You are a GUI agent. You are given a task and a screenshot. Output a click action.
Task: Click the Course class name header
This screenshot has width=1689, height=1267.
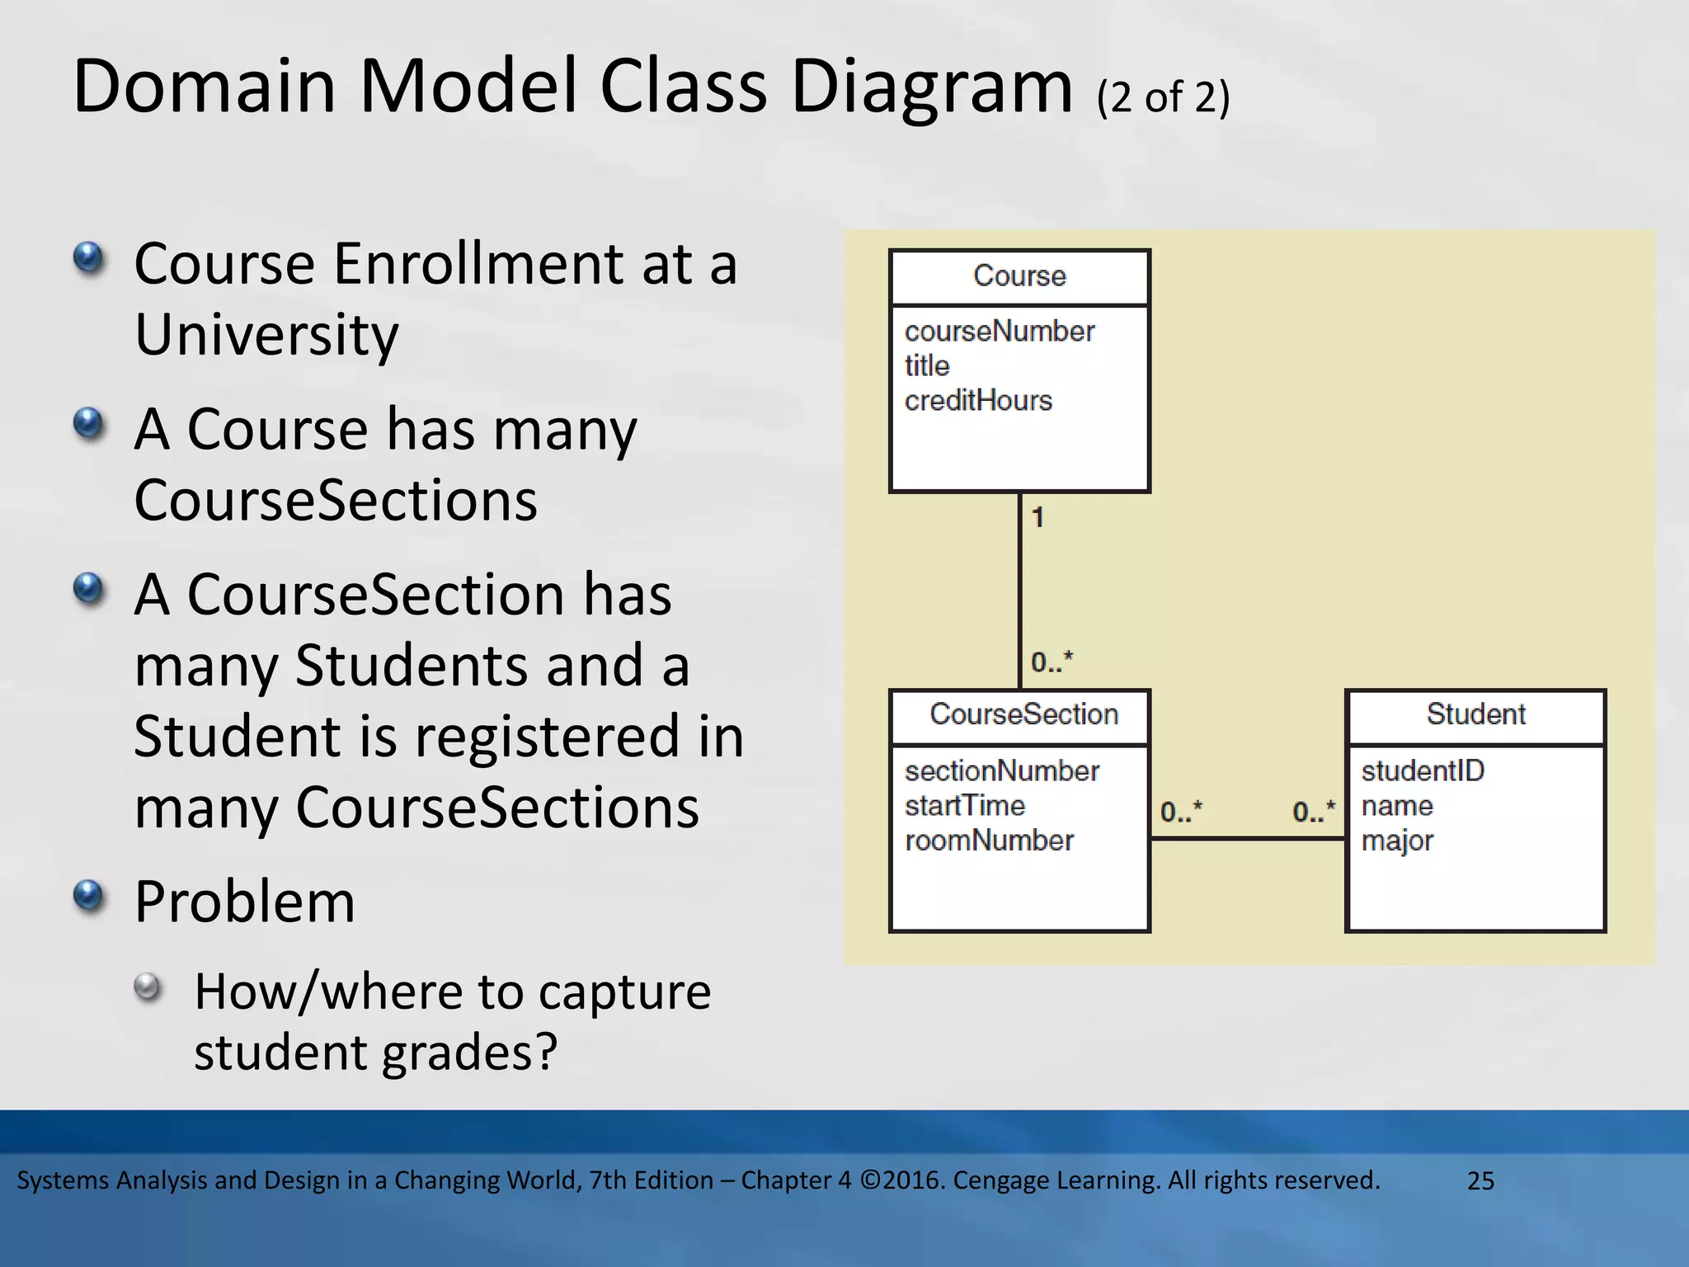[x=1019, y=276]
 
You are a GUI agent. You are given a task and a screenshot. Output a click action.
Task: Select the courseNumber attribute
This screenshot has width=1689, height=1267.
[x=999, y=332]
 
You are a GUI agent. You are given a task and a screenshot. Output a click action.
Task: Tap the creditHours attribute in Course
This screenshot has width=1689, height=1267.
[x=978, y=401]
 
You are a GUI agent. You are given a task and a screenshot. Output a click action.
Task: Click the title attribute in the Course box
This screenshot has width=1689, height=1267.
[x=927, y=366]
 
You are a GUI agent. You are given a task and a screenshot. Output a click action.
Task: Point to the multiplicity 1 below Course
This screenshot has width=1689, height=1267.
[x=1038, y=517]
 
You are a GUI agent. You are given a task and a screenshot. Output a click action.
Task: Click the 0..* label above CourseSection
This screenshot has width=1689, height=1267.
[x=1052, y=662]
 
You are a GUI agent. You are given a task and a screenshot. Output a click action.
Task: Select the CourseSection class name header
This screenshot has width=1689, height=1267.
[x=1023, y=714]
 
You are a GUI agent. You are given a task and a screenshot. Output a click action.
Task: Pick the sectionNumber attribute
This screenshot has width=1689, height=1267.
[x=1001, y=771]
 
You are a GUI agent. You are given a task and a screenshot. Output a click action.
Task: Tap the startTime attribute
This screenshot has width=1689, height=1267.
[x=964, y=806]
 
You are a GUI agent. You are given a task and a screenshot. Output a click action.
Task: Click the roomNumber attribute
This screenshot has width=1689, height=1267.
[x=989, y=841]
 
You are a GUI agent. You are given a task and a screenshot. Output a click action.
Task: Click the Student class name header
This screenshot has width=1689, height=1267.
[x=1475, y=714]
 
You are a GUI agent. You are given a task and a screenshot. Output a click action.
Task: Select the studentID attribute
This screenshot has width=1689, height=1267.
[x=1422, y=771]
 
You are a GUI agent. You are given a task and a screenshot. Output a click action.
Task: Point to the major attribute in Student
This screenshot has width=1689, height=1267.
[x=1397, y=841]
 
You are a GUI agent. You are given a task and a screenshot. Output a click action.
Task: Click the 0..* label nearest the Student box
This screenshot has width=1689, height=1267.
[x=1313, y=812]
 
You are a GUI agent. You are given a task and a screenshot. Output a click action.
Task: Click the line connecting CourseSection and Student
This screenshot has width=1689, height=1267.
[x=1247, y=839]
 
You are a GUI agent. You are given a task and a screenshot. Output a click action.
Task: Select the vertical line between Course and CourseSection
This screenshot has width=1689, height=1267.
[x=1020, y=590]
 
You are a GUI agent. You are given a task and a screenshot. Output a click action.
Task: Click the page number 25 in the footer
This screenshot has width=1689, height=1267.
[x=1480, y=1180]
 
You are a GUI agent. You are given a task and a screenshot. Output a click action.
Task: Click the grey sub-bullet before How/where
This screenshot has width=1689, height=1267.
[x=148, y=987]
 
